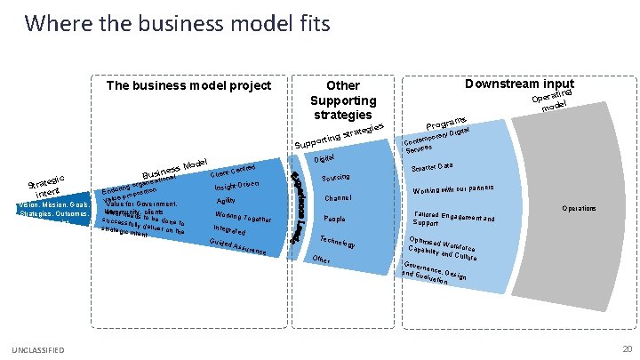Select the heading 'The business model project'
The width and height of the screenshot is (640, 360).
click(x=188, y=86)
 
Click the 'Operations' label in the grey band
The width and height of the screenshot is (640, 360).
click(x=579, y=208)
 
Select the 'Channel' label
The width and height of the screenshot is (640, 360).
click(x=339, y=197)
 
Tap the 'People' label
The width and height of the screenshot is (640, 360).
click(x=335, y=218)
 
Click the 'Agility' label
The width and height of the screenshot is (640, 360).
click(x=226, y=201)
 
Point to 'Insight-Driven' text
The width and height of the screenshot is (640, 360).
click(x=237, y=186)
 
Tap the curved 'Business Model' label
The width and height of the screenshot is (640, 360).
click(x=175, y=167)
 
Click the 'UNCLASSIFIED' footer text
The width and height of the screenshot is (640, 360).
click(x=39, y=350)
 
